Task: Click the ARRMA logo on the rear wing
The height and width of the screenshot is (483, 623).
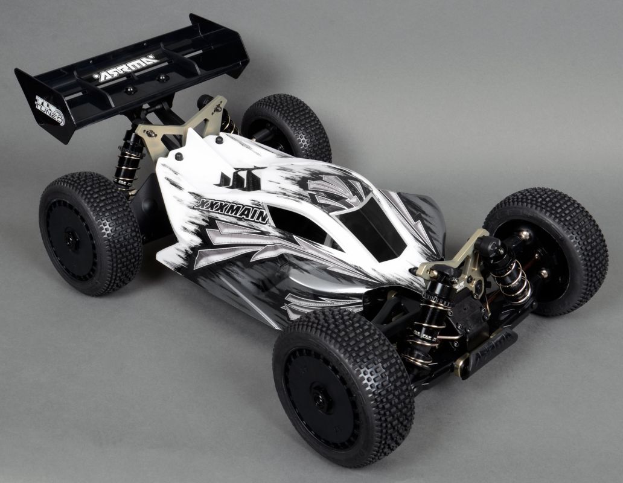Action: [126, 68]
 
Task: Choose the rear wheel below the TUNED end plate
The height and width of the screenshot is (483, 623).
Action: [90, 233]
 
